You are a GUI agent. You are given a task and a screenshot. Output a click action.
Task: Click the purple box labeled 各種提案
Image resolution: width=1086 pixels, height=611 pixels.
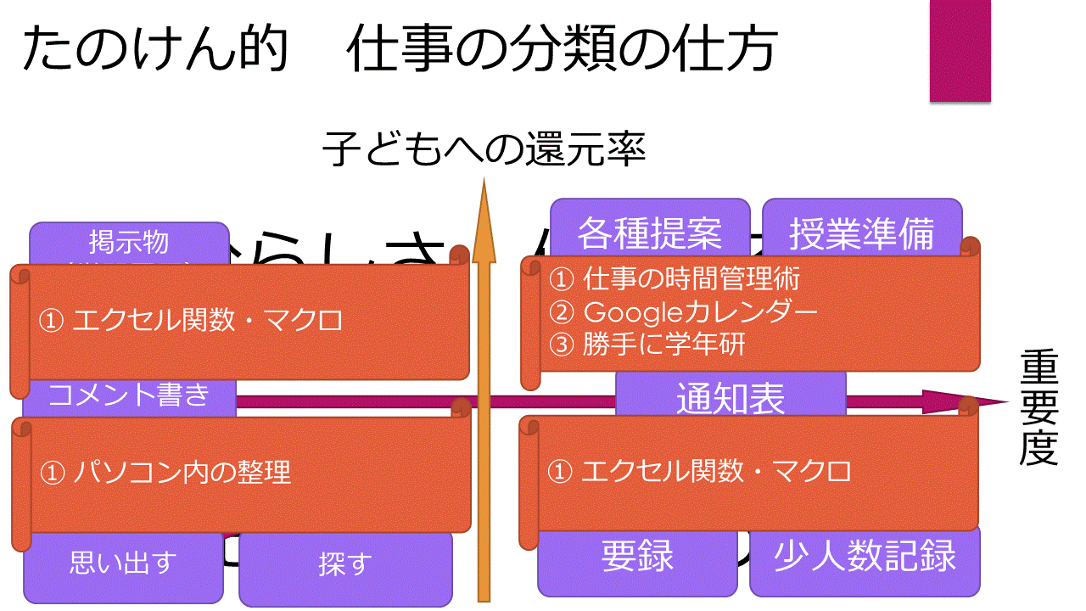(650, 231)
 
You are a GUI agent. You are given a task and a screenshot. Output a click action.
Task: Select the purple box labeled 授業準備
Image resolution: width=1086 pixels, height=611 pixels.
(861, 231)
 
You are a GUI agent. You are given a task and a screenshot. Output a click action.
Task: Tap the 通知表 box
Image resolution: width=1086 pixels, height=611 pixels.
(731, 397)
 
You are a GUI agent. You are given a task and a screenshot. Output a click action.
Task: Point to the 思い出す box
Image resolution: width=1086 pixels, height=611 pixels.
(123, 563)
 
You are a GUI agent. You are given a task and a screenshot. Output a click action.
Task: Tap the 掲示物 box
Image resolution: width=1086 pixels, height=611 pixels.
(129, 243)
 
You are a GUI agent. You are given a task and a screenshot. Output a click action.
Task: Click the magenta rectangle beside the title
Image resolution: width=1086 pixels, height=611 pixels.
(960, 51)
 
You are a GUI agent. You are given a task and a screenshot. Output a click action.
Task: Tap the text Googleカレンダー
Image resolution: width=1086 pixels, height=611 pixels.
(700, 312)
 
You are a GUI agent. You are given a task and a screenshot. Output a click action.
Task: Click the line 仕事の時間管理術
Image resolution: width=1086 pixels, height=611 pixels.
(691, 278)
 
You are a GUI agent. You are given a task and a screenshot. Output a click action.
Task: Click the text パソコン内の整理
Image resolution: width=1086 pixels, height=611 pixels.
(182, 472)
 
